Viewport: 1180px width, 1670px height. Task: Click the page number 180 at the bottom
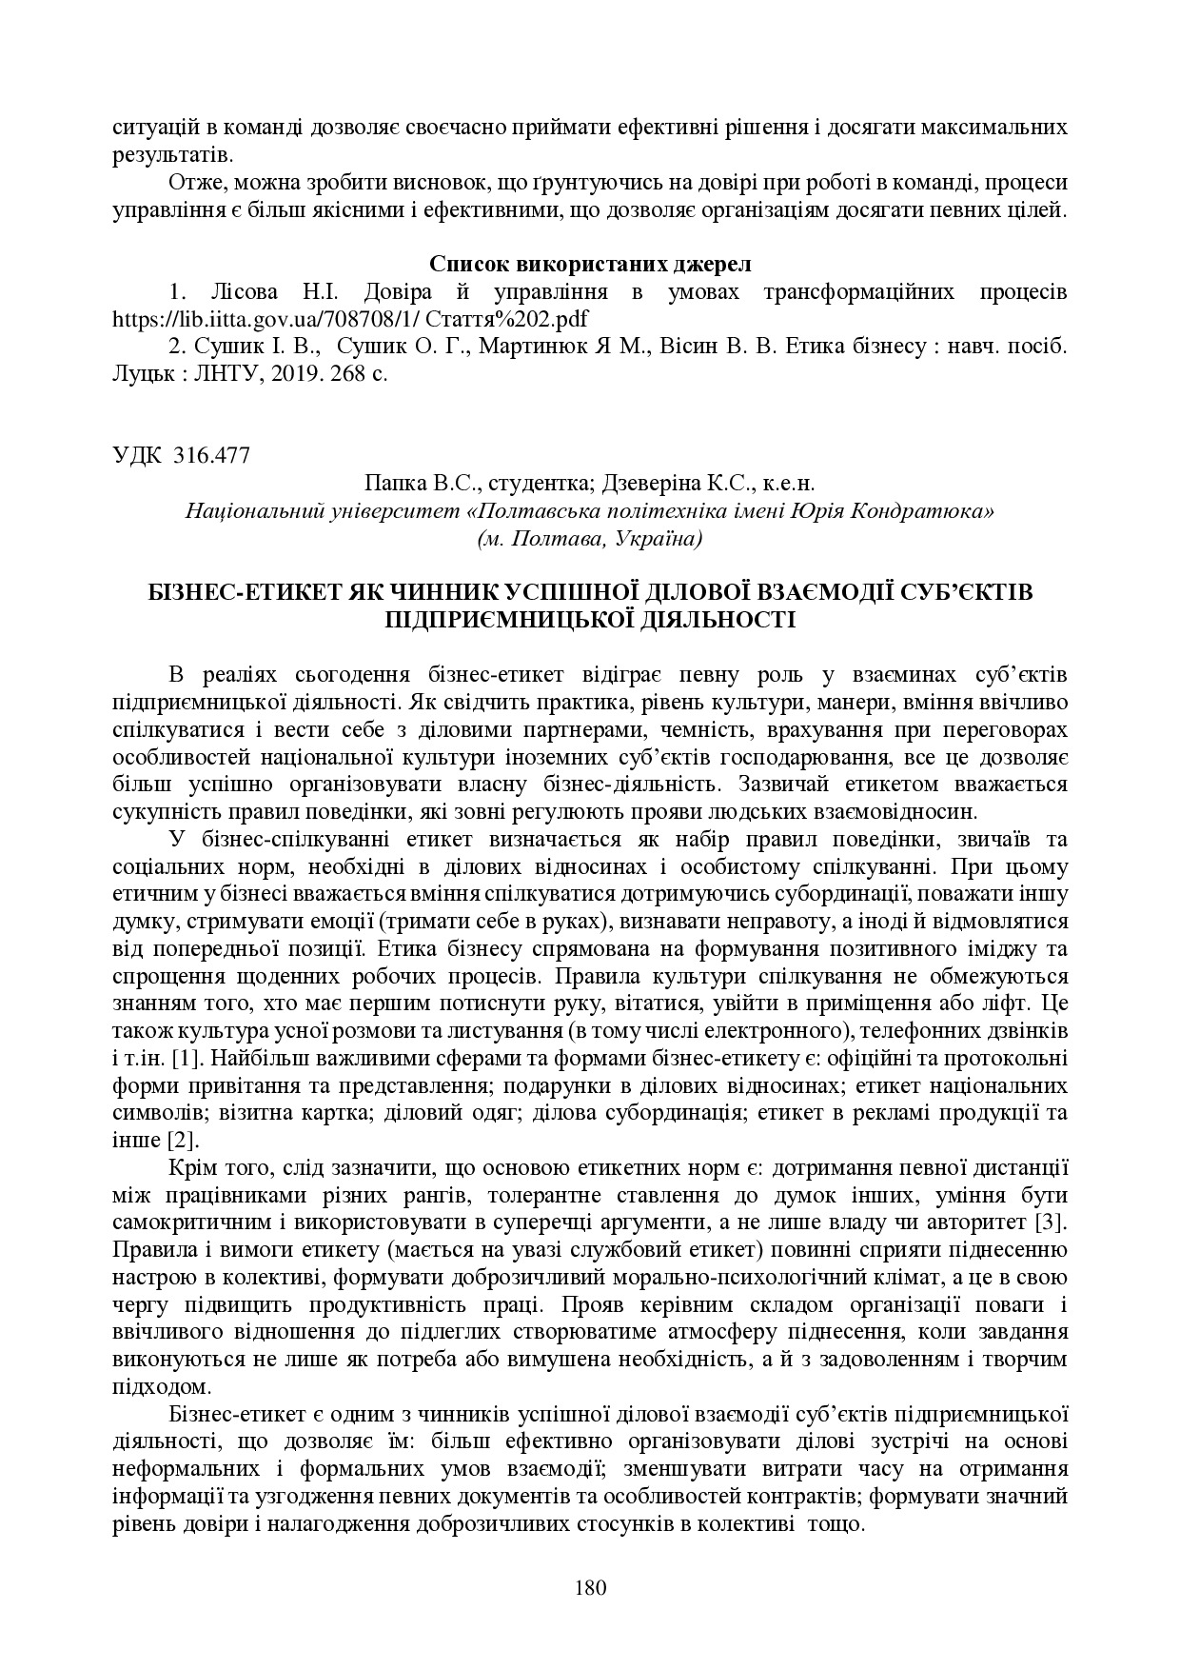591,1587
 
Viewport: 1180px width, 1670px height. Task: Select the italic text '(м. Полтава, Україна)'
590,539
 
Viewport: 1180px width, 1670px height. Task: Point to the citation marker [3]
1050,1222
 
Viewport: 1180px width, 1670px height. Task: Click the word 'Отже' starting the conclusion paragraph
193,182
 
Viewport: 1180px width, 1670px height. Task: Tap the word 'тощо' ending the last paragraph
836,1522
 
